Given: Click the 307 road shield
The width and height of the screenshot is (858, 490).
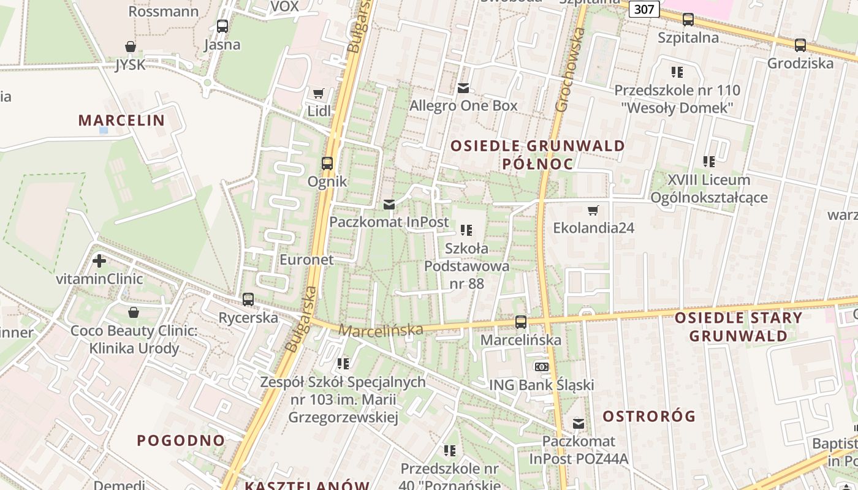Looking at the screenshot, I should point(643,9).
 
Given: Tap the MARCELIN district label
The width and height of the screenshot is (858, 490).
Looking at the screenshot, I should point(121,120).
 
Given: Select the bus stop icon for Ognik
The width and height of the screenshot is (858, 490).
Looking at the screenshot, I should point(327,164).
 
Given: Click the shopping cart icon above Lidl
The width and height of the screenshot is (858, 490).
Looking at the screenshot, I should point(318,94).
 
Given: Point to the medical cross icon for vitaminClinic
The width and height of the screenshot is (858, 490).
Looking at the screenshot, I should point(99,262).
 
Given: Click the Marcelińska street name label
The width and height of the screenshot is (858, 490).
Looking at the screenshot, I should point(381,330).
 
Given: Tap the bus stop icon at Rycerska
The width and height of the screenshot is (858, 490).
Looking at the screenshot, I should point(248,300).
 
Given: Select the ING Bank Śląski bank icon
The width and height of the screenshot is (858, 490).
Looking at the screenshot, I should point(541,367).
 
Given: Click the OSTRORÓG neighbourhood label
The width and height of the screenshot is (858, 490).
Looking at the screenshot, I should point(649,417).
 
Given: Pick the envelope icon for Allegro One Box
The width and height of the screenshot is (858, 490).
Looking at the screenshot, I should point(463,88).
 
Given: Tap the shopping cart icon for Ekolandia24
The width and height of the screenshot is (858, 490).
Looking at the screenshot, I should point(593,211).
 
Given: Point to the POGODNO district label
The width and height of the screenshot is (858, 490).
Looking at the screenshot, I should point(181,440).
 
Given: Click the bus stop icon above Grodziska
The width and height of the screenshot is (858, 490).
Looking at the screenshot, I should point(800,45).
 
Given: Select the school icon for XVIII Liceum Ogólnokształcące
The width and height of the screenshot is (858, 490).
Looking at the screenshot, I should point(709,162).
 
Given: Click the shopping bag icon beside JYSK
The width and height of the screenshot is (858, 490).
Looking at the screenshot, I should point(130,47).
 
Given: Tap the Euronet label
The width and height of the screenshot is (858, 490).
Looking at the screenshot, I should point(306,260).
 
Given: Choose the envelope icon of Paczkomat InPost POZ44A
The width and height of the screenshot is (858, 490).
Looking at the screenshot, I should point(578,423).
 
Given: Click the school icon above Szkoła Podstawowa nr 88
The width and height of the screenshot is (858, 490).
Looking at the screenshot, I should point(466,230).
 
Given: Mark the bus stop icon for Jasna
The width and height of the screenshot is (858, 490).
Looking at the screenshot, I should point(222,26).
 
